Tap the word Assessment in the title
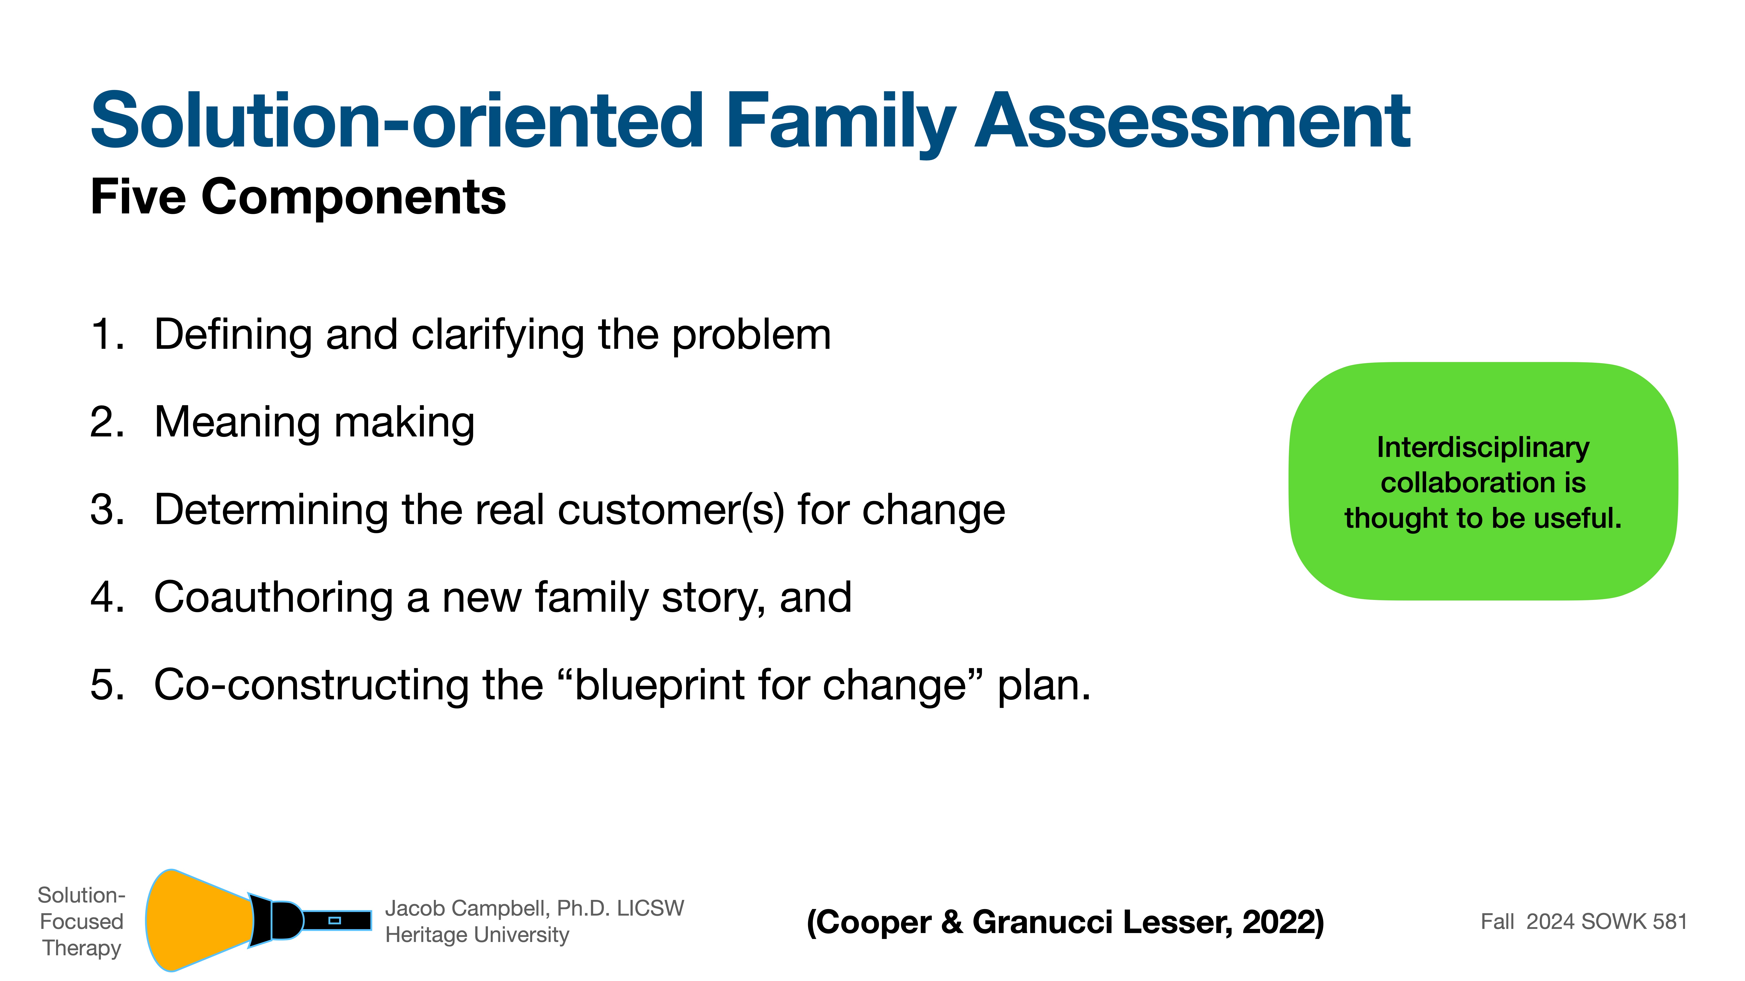coord(1192,122)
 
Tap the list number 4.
coord(107,598)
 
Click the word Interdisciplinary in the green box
coord(1483,448)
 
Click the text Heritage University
coord(477,935)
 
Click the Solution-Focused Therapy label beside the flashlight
coord(81,921)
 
